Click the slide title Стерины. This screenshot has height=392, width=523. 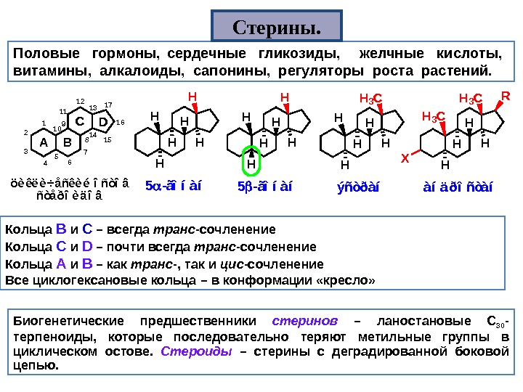(277, 28)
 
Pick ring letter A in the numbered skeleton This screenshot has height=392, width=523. (44, 142)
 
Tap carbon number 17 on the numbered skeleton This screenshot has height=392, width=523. (108, 105)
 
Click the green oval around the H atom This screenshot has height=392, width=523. (251, 161)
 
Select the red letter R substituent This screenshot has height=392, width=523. (506, 96)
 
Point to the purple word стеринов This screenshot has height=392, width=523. (305, 320)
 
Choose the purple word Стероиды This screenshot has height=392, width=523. (196, 352)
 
